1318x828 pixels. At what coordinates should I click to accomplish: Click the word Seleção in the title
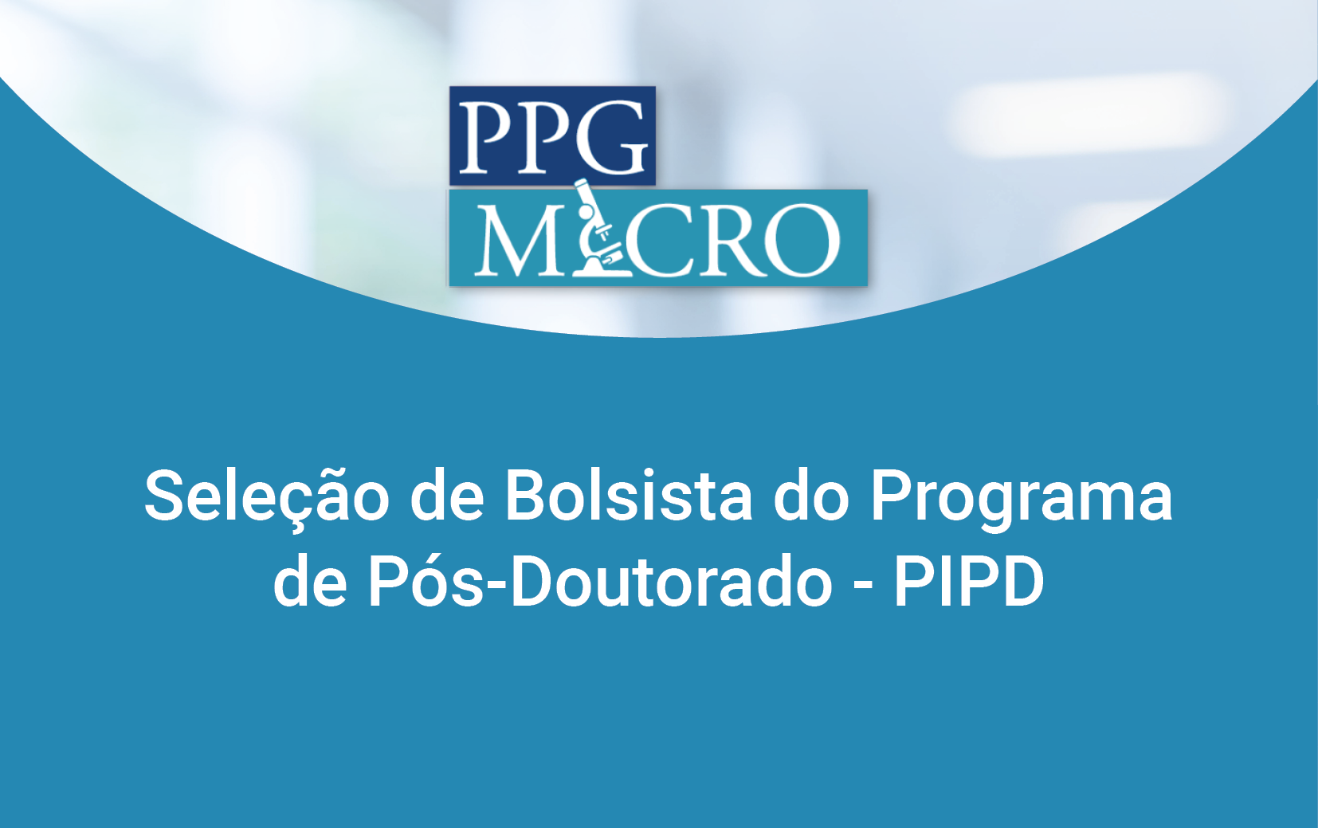point(266,497)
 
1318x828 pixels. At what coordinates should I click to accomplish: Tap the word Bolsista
point(629,495)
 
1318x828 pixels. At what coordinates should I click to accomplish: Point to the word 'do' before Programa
point(811,495)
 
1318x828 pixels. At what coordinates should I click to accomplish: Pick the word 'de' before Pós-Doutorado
point(310,581)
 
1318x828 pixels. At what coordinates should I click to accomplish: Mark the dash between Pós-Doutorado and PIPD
point(864,585)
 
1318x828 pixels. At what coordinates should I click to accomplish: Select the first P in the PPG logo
point(487,138)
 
